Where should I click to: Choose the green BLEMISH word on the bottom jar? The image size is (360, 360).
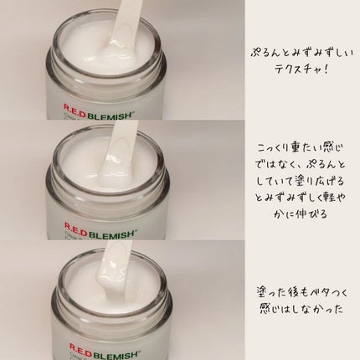116,354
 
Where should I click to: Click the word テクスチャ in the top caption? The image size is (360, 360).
296,69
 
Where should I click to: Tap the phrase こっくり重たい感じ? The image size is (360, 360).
300,148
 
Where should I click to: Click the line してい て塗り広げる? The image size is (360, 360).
300,182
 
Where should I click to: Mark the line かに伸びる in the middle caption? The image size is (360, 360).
300,214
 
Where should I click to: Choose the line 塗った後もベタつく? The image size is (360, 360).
301,293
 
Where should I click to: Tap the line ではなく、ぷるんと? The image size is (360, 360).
301,165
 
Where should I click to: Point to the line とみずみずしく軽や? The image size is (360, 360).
301,198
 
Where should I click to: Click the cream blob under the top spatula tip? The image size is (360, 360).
111,52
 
